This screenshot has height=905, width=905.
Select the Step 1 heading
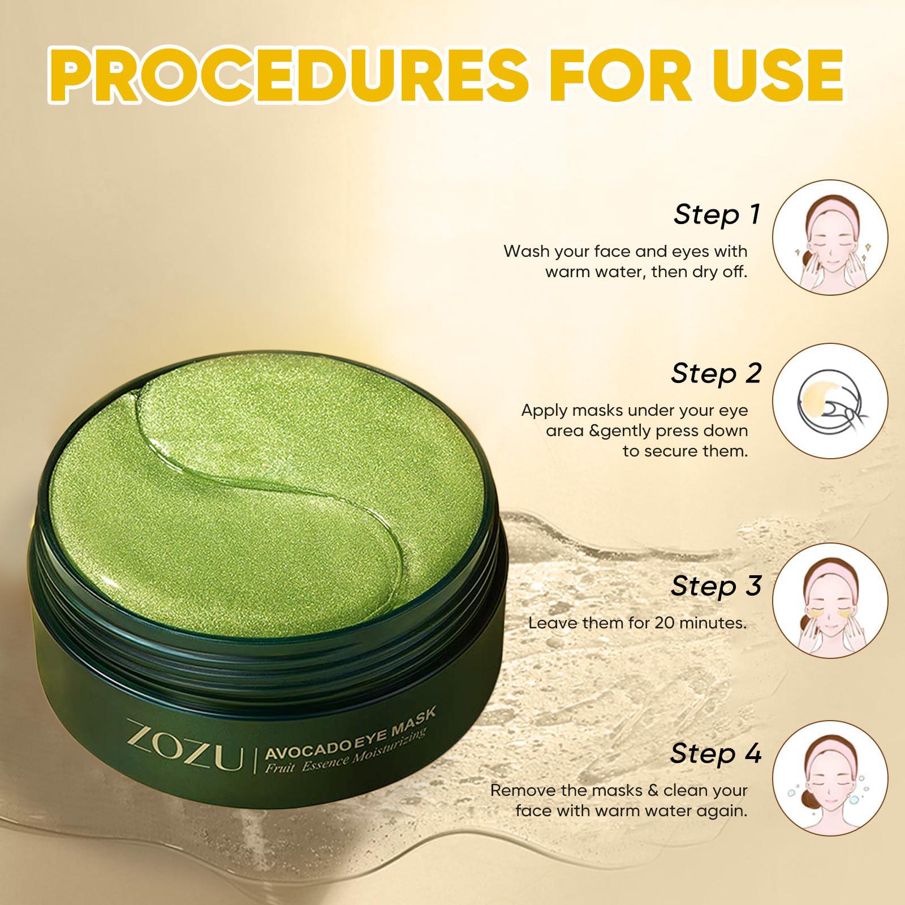[x=717, y=215]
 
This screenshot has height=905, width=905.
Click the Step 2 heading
[x=716, y=373]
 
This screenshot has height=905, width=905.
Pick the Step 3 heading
[x=716, y=586]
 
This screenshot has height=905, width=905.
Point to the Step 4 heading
[x=716, y=753]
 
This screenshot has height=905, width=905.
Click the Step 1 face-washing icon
[x=830, y=238]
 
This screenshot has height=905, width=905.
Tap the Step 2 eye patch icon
[x=830, y=400]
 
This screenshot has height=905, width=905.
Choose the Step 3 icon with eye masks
[x=830, y=601]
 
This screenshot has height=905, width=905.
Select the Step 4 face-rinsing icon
[x=830, y=778]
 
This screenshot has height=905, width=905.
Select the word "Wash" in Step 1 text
[x=527, y=251]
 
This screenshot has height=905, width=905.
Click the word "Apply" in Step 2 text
[x=544, y=410]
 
